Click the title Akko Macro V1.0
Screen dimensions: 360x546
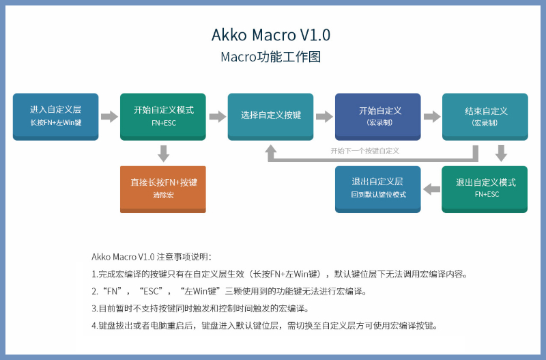271,35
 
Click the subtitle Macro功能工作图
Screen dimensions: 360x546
271,57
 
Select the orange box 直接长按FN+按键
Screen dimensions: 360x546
163,189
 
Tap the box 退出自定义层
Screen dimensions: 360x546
377,189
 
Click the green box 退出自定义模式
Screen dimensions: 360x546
485,189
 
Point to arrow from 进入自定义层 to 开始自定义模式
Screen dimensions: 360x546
109,117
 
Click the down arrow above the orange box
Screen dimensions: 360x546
163,153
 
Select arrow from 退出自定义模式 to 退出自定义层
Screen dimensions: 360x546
431,189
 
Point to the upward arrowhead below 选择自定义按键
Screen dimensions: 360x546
271,152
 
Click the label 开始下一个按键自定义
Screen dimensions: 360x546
364,150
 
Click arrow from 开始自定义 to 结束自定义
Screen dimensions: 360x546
431,117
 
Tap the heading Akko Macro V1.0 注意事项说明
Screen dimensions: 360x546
152,257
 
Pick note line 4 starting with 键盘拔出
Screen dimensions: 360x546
264,325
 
